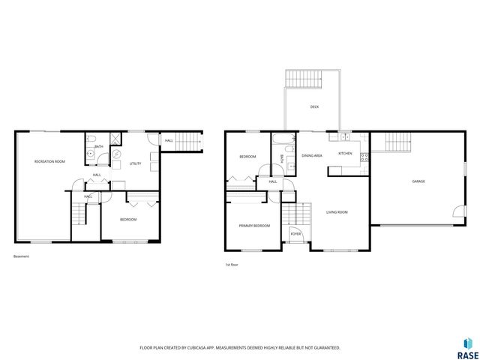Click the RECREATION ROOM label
[49, 162]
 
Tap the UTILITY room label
[135, 163]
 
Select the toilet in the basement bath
[91, 154]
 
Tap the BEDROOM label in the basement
[129, 219]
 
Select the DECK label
[315, 107]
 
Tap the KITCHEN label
[345, 153]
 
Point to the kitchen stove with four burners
[364, 157]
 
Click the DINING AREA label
[312, 155]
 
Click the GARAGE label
[418, 181]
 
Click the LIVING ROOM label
[337, 212]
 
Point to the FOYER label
[296, 234]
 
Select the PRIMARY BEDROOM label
[254, 225]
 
